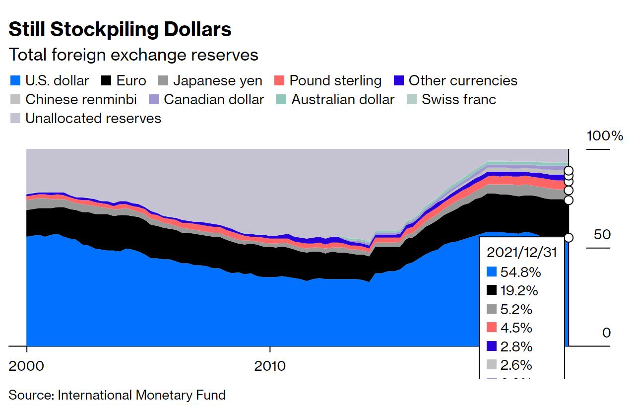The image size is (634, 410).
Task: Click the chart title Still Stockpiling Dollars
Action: pyautogui.click(x=120, y=30)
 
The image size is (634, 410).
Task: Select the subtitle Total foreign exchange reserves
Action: pyautogui.click(x=133, y=55)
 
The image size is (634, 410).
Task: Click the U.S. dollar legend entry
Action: pyautogui.click(x=50, y=81)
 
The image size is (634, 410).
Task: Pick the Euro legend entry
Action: pyautogui.click(x=124, y=81)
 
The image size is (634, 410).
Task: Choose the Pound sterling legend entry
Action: pyautogui.click(x=328, y=81)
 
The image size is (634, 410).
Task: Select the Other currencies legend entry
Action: pyautogui.click(x=455, y=81)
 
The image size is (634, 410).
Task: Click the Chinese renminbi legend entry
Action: pyautogui.click(x=73, y=99)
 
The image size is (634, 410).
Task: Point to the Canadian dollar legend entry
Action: pyautogui.click(x=207, y=99)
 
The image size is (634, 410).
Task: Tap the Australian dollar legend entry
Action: pyautogui.click(x=336, y=99)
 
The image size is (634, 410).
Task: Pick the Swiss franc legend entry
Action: pyautogui.click(x=451, y=99)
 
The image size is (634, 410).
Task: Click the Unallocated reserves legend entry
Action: pyautogui.click(x=86, y=118)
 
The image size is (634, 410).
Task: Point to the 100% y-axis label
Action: pyautogui.click(x=605, y=136)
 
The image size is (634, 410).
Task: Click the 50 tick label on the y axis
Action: pyautogui.click(x=602, y=234)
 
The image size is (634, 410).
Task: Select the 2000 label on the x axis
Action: pyautogui.click(x=26, y=366)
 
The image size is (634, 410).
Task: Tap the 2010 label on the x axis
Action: pyautogui.click(x=270, y=366)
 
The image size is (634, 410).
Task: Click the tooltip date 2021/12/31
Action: pyautogui.click(x=521, y=253)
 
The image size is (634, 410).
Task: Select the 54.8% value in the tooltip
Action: pyautogui.click(x=520, y=272)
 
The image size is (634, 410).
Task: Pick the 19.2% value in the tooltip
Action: pyautogui.click(x=520, y=291)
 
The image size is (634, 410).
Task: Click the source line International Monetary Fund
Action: pyautogui.click(x=117, y=395)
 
